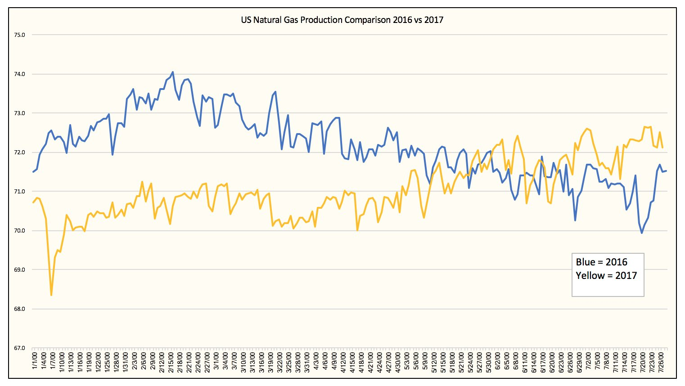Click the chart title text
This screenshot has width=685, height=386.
[x=342, y=20]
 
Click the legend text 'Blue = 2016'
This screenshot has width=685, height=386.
[x=601, y=262]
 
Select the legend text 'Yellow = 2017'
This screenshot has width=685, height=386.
[x=606, y=275]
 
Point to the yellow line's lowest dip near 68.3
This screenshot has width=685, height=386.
[x=51, y=295]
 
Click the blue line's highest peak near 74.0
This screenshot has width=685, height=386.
[x=173, y=72]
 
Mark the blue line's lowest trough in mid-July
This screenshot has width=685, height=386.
[x=642, y=233]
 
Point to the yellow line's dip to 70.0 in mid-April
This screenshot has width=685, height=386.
[x=357, y=230]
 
